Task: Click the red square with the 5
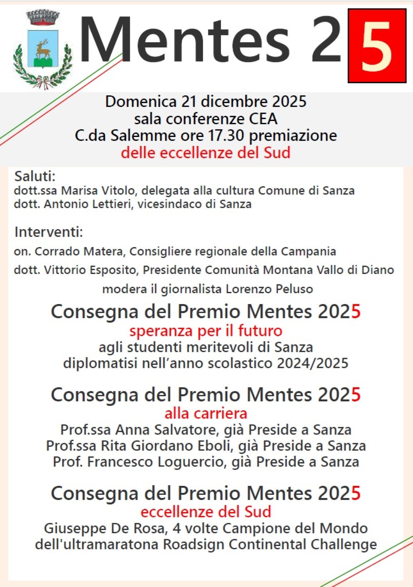pyautogui.click(x=377, y=46)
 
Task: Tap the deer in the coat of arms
pyautogui.click(x=43, y=48)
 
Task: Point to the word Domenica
pyautogui.click(x=141, y=101)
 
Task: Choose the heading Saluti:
pyautogui.click(x=35, y=176)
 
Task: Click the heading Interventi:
pyautogui.click(x=48, y=232)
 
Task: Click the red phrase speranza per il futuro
pyautogui.click(x=206, y=331)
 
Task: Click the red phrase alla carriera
pyautogui.click(x=206, y=413)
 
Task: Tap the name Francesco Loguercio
pyautogui.click(x=156, y=461)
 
